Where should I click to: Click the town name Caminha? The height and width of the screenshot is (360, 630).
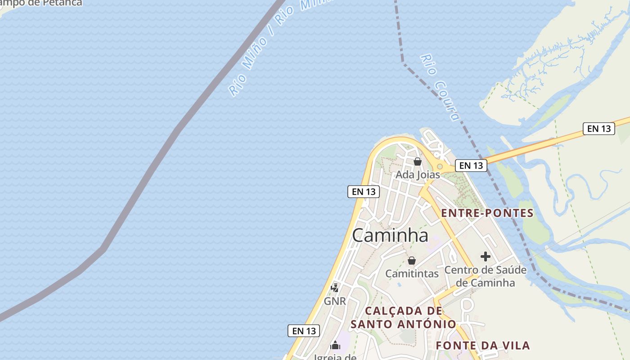[x=390, y=235]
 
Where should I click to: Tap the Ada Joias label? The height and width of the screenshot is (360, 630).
[x=418, y=175]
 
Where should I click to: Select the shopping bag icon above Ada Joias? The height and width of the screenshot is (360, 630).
[x=418, y=162]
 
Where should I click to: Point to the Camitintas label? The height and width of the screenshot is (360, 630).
[x=412, y=274]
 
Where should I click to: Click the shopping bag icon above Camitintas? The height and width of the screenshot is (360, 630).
[x=411, y=261]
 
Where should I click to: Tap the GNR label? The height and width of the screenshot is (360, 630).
[x=335, y=301]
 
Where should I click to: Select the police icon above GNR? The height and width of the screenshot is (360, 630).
[x=335, y=288]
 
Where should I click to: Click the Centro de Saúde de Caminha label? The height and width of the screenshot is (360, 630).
[x=485, y=276]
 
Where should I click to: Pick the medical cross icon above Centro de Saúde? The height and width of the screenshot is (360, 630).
[x=485, y=256]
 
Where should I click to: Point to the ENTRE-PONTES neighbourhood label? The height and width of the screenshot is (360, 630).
[x=487, y=213]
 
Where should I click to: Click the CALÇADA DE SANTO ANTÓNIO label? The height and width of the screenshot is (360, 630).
[x=403, y=317]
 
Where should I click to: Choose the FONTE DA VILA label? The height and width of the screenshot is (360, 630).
[x=483, y=346]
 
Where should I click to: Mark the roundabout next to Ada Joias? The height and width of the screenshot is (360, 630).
[x=440, y=166]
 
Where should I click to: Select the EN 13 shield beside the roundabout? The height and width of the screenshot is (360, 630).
[x=471, y=166]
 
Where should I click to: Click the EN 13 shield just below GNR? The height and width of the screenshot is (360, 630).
[x=304, y=331]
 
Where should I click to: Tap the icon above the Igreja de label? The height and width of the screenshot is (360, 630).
[x=335, y=345]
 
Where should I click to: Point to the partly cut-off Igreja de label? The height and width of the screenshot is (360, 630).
[x=335, y=357]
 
